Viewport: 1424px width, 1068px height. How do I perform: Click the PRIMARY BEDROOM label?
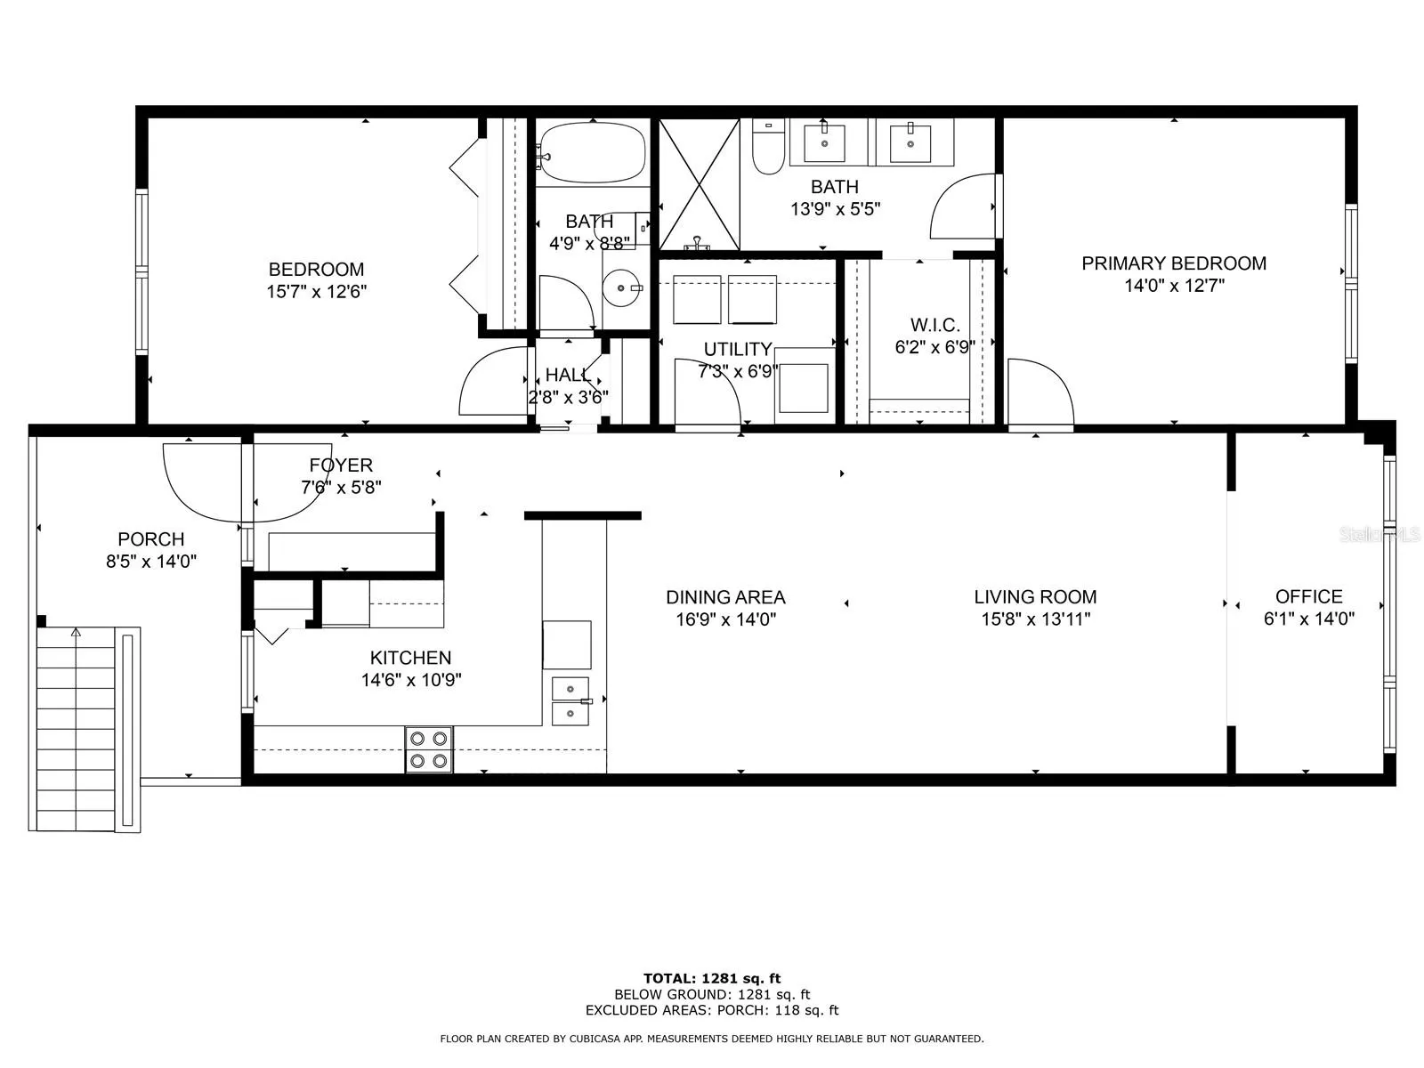tap(1174, 263)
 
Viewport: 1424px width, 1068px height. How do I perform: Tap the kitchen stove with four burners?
tap(429, 749)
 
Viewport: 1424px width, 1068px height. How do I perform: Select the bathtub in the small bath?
tap(593, 153)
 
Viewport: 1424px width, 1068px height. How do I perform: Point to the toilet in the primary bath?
tap(769, 147)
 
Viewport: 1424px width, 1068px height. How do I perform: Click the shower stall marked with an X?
tap(700, 184)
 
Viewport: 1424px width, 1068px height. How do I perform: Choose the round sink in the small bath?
tap(622, 287)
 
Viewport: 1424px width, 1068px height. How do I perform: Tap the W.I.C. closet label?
tap(934, 325)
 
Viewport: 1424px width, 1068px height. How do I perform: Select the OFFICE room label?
tap(1308, 596)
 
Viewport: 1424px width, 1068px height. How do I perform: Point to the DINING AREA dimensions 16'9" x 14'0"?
tap(726, 619)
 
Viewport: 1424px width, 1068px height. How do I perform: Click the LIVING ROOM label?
tap(1035, 596)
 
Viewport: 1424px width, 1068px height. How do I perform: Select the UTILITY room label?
tap(738, 350)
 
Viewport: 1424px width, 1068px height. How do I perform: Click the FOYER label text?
tap(341, 465)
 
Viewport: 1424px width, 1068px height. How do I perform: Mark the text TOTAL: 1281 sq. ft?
tap(712, 978)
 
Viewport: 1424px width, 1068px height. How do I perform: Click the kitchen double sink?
tap(570, 701)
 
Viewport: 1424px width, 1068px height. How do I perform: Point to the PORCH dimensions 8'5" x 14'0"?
tap(151, 562)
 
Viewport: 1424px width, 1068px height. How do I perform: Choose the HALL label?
tap(569, 375)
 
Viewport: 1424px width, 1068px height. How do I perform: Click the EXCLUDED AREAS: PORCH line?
tap(712, 1010)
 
